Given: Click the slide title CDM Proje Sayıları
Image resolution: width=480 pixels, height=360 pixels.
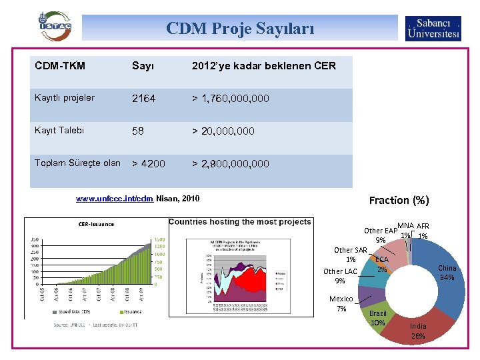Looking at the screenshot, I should pyautogui.click(x=239, y=29).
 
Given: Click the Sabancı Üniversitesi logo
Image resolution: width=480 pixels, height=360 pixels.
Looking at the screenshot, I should pyautogui.click(x=433, y=28).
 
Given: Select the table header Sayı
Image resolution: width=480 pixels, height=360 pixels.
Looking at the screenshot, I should pyautogui.click(x=143, y=65).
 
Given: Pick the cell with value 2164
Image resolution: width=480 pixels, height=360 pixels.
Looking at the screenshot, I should pyautogui.click(x=143, y=99).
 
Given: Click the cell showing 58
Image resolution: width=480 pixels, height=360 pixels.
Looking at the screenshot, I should pyautogui.click(x=138, y=131).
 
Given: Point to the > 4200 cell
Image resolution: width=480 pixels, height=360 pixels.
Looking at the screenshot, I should pyautogui.click(x=149, y=163).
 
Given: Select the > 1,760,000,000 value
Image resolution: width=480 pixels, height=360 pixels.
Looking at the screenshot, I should pyautogui.click(x=231, y=99).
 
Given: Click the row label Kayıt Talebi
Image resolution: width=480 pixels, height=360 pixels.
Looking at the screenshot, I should pyautogui.click(x=59, y=131).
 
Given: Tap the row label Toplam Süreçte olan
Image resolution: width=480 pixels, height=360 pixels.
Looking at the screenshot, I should pyautogui.click(x=77, y=163).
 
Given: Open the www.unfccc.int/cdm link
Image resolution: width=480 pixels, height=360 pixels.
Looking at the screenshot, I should pyautogui.click(x=115, y=199).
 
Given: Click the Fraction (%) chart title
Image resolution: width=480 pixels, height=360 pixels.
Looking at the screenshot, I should pyautogui.click(x=399, y=200).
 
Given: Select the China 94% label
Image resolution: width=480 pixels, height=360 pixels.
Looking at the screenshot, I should pyautogui.click(x=447, y=273).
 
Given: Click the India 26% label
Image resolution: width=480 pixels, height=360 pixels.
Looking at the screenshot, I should pyautogui.click(x=418, y=331).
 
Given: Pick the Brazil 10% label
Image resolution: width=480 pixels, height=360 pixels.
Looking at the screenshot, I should pyautogui.click(x=378, y=318).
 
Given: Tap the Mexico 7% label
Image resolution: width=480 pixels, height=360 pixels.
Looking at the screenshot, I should pyautogui.click(x=341, y=304).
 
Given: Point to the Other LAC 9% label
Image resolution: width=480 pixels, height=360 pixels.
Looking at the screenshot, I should pyautogui.click(x=340, y=276).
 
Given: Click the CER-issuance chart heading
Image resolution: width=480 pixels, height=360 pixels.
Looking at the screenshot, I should pyautogui.click(x=97, y=224).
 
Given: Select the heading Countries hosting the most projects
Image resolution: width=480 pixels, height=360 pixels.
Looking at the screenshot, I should pyautogui.click(x=240, y=222).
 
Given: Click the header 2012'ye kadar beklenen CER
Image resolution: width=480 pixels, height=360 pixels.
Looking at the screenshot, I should pyautogui.click(x=263, y=65).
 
